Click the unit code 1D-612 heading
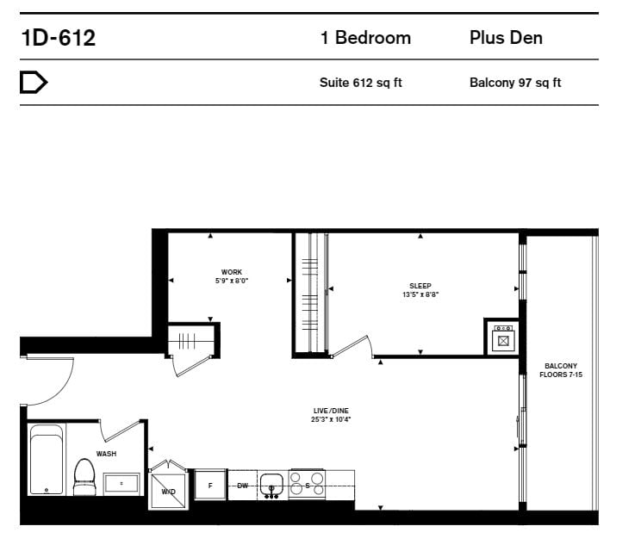tap(58, 38)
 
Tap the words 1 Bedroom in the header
tap(365, 38)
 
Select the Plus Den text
tap(506, 38)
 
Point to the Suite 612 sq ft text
tap(360, 83)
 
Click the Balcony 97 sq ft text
tap(515, 83)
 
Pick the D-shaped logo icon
tap(34, 82)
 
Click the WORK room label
tap(232, 272)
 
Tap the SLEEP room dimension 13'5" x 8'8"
tap(420, 294)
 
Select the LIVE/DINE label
tap(331, 411)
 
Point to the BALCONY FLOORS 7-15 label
tap(561, 370)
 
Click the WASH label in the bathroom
tap(106, 454)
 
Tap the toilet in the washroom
tap(84, 477)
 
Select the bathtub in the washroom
tap(47, 460)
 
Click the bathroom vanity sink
tap(121, 484)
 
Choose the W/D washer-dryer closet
tap(168, 491)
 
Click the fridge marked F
tap(210, 486)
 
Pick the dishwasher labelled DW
tap(242, 486)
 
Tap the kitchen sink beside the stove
tap(271, 486)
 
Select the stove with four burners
tap(307, 485)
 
